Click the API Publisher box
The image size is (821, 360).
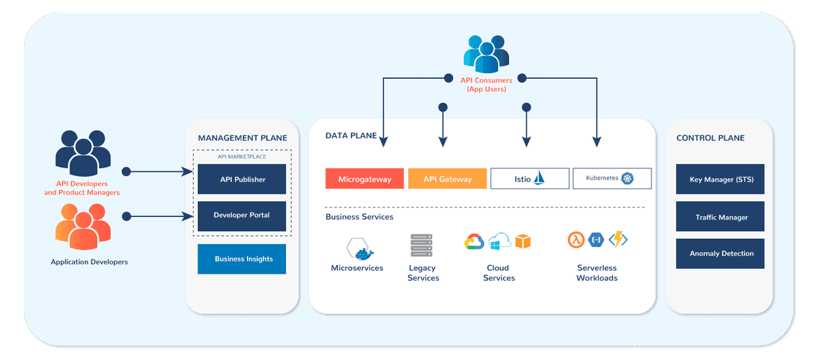[242, 179]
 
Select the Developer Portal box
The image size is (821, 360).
[242, 215]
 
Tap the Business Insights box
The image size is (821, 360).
[242, 259]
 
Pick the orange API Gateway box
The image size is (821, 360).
[447, 179]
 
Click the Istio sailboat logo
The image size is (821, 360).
[540, 178]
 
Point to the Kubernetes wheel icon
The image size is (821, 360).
[627, 179]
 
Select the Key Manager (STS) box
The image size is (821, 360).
[720, 180]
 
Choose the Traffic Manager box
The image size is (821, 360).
[720, 217]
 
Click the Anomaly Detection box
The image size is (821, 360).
[720, 253]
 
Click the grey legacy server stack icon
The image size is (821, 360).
[421, 246]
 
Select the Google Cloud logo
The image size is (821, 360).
[473, 241]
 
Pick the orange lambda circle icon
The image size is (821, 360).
[575, 240]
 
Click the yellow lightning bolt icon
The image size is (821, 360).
[618, 240]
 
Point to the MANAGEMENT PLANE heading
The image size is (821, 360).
[242, 138]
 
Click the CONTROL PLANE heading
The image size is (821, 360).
[710, 138]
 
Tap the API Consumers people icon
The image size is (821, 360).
[486, 53]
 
